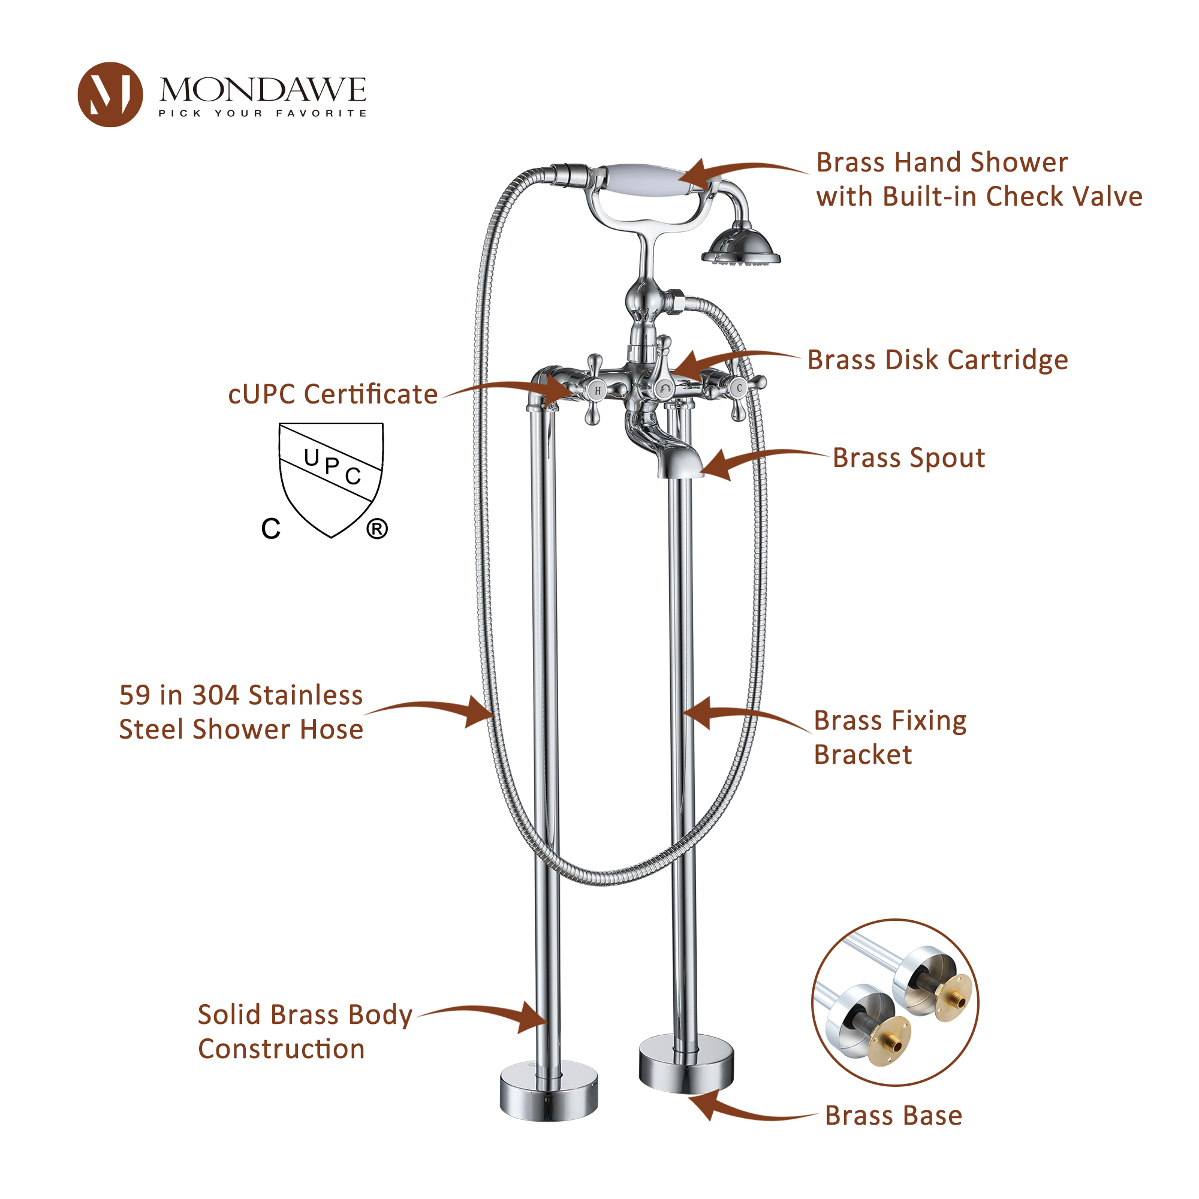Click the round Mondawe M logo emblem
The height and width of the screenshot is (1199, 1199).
110,95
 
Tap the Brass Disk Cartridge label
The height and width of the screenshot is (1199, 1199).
937,360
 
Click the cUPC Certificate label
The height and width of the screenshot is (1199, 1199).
333,394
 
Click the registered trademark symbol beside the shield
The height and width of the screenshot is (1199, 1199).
376,529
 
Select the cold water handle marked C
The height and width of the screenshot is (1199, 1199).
739,389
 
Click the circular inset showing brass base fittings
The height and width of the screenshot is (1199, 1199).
895,1002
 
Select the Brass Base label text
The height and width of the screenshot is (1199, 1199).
893,1116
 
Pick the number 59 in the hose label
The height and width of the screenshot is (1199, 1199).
135,695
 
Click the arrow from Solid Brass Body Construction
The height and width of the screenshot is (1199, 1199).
484,1016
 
